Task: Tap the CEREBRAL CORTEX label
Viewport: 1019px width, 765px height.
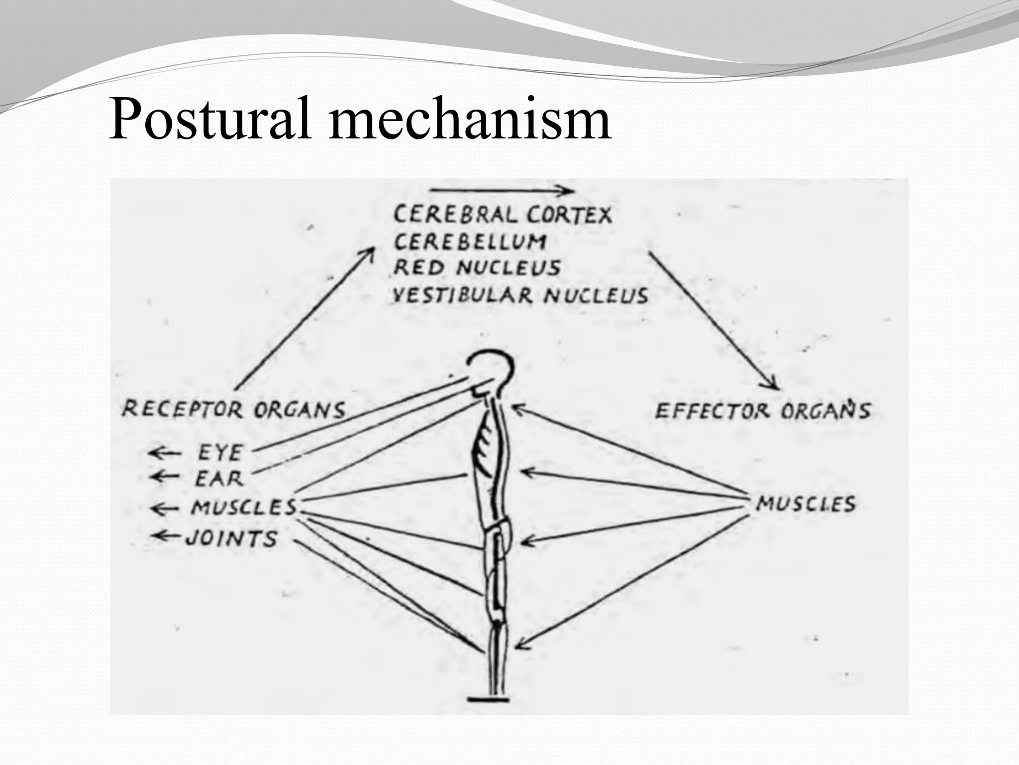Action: [503, 215]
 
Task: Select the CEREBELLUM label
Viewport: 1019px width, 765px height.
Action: [470, 242]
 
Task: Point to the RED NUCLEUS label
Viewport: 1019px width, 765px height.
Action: [477, 268]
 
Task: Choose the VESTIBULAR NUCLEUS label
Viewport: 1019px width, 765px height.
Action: [520, 295]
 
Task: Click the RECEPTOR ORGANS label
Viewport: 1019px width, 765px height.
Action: [233, 410]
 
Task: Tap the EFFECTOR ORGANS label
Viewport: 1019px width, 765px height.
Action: [762, 411]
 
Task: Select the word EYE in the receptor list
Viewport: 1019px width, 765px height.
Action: [220, 453]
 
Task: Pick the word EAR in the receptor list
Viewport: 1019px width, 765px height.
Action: [219, 479]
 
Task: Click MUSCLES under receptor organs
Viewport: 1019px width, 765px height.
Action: [244, 508]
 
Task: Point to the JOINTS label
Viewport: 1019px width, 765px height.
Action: [231, 538]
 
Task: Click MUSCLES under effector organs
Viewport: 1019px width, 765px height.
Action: [806, 504]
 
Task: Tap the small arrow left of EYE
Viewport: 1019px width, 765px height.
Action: [165, 453]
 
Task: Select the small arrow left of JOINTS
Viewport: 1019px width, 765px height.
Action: [167, 536]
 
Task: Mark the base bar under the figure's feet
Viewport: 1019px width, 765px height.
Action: [489, 699]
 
